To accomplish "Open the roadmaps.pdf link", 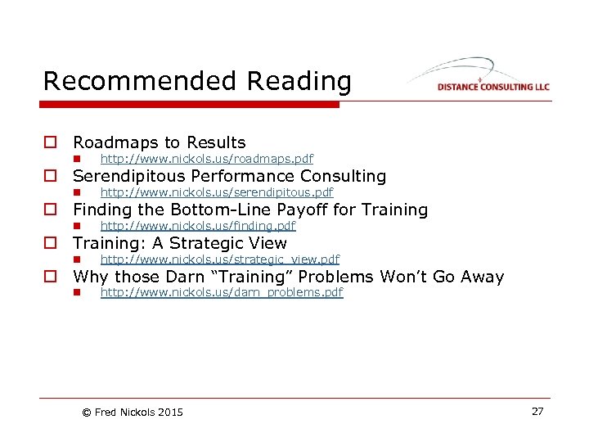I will click(206, 159).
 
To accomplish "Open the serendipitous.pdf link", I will click(216, 192).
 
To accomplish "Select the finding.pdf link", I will click(197, 226).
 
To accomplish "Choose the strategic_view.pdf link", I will click(219, 259).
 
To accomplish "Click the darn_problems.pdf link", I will click(221, 292).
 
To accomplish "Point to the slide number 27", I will click(537, 411).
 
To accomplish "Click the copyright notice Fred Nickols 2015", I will click(133, 412).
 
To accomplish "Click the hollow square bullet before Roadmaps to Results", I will click(51, 143).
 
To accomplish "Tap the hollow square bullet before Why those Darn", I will click(51, 277).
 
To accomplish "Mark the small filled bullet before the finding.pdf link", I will click(75, 226).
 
